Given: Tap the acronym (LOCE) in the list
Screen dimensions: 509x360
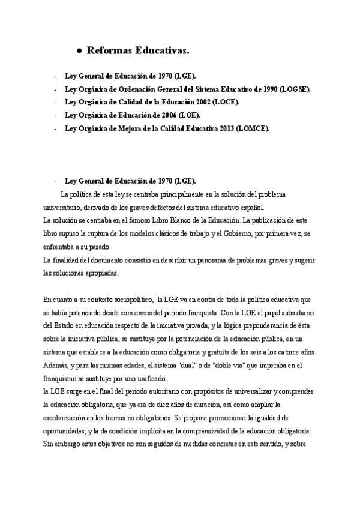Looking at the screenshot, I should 224,102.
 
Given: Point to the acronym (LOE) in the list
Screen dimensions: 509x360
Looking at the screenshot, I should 188,115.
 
